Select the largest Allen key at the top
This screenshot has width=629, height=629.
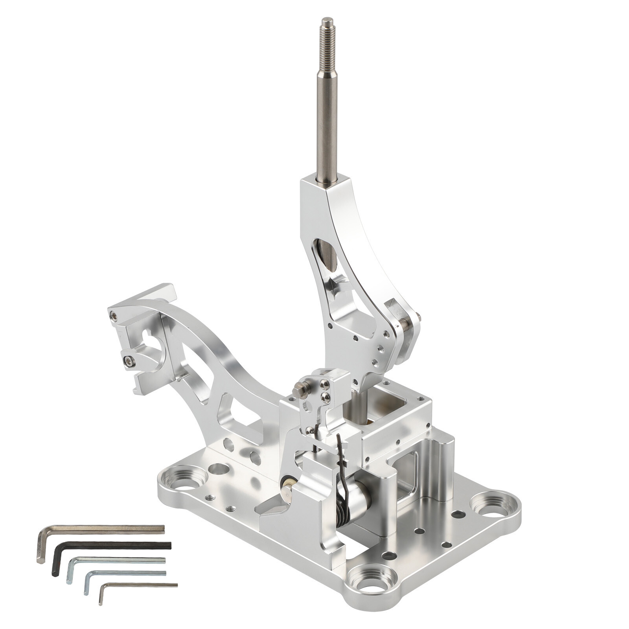[x=106, y=529]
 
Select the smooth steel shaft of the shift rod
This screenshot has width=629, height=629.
[x=327, y=118]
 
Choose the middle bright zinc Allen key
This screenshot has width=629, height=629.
[x=118, y=560]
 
